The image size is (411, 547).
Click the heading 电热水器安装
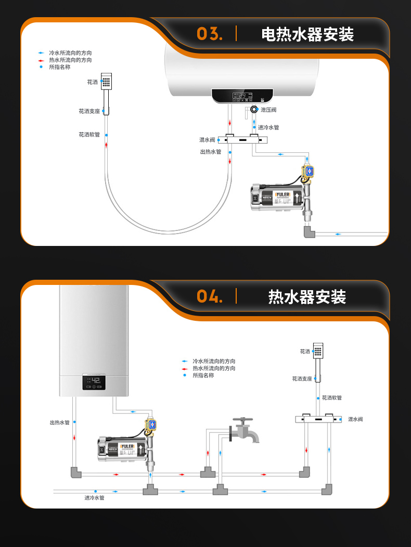[x=307, y=35]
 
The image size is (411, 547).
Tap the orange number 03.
[x=210, y=34]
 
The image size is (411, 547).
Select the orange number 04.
[x=210, y=297]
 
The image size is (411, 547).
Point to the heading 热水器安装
[x=307, y=297]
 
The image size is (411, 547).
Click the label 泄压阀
[x=268, y=110]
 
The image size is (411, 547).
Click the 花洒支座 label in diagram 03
[x=89, y=111]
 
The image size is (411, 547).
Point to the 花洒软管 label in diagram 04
[x=332, y=398]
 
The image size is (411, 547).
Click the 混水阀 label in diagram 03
[x=207, y=140]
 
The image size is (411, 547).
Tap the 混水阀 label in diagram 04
[x=355, y=419]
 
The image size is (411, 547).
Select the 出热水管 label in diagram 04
[x=59, y=423]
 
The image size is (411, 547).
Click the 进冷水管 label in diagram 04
[x=95, y=498]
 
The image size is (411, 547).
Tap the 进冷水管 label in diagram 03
[x=268, y=127]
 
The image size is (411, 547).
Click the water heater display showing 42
[x=94, y=383]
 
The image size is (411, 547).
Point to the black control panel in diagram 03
[x=242, y=96]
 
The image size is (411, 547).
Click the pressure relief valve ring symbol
[x=254, y=109]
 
